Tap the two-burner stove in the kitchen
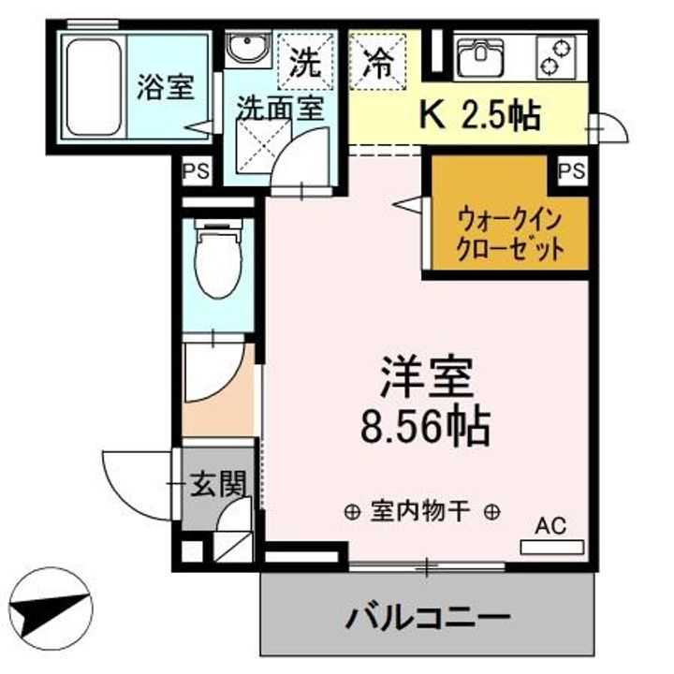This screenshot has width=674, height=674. pyautogui.click(x=560, y=57)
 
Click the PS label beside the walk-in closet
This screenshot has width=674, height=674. pyautogui.click(x=571, y=170)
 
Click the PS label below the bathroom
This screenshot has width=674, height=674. pyautogui.click(x=197, y=171)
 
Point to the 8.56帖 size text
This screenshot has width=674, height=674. pyautogui.click(x=426, y=428)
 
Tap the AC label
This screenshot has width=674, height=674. pyautogui.click(x=550, y=526)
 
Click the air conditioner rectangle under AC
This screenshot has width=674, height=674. pyautogui.click(x=551, y=546)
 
